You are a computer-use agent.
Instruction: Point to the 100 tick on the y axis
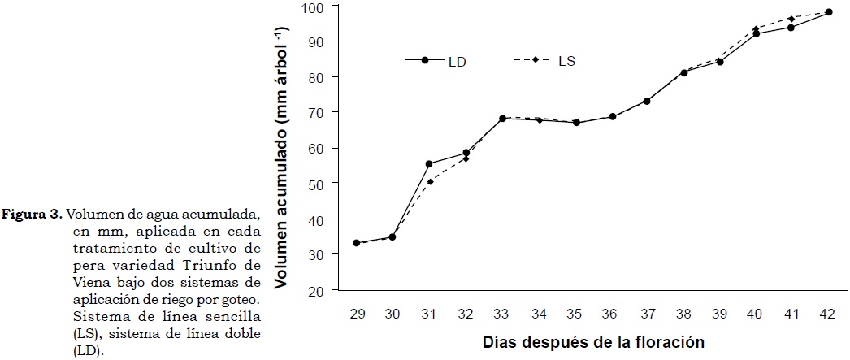coord(313,7)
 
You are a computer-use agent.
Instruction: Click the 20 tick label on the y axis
coord(316,290)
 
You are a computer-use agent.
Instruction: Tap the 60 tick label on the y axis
coord(316,149)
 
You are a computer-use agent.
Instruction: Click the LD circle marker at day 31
coord(429,164)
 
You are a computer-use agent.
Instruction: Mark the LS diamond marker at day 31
coord(429,182)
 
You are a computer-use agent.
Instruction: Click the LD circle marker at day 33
coord(502,119)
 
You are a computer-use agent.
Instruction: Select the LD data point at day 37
coord(647,101)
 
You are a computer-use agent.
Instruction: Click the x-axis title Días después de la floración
coord(591,341)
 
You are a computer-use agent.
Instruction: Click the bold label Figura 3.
coord(33,215)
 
